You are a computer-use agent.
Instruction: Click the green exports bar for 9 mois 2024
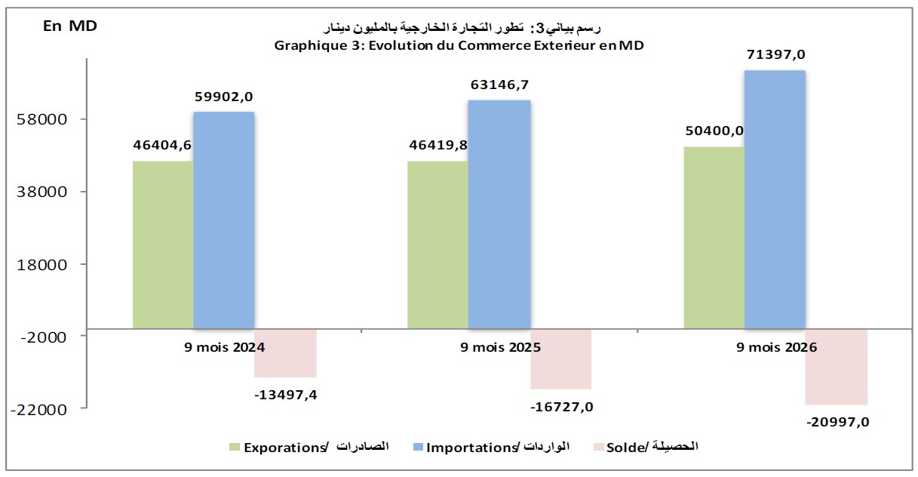[163, 245]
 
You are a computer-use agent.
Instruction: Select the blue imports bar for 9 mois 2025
[499, 214]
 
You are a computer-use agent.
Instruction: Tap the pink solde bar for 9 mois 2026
[836, 367]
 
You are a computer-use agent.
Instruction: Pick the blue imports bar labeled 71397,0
[775, 200]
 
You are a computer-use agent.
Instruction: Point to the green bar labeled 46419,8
[438, 245]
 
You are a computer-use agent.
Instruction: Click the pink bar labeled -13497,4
[285, 353]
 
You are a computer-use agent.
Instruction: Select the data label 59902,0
[224, 97]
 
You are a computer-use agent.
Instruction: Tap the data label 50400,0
[714, 131]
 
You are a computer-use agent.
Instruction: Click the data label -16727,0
[561, 408]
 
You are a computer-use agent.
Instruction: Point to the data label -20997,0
[838, 422]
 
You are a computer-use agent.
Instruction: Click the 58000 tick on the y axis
[41, 120]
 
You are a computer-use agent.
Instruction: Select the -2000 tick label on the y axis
[44, 337]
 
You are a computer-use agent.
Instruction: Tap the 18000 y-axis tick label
[41, 265]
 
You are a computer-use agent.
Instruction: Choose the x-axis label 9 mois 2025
[500, 347]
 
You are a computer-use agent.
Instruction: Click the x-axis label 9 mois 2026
[777, 347]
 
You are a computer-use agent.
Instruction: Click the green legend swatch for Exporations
[235, 447]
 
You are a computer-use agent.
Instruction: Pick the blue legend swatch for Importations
[418, 447]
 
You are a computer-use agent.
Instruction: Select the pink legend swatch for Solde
[599, 447]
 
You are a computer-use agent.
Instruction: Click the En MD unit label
[70, 26]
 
